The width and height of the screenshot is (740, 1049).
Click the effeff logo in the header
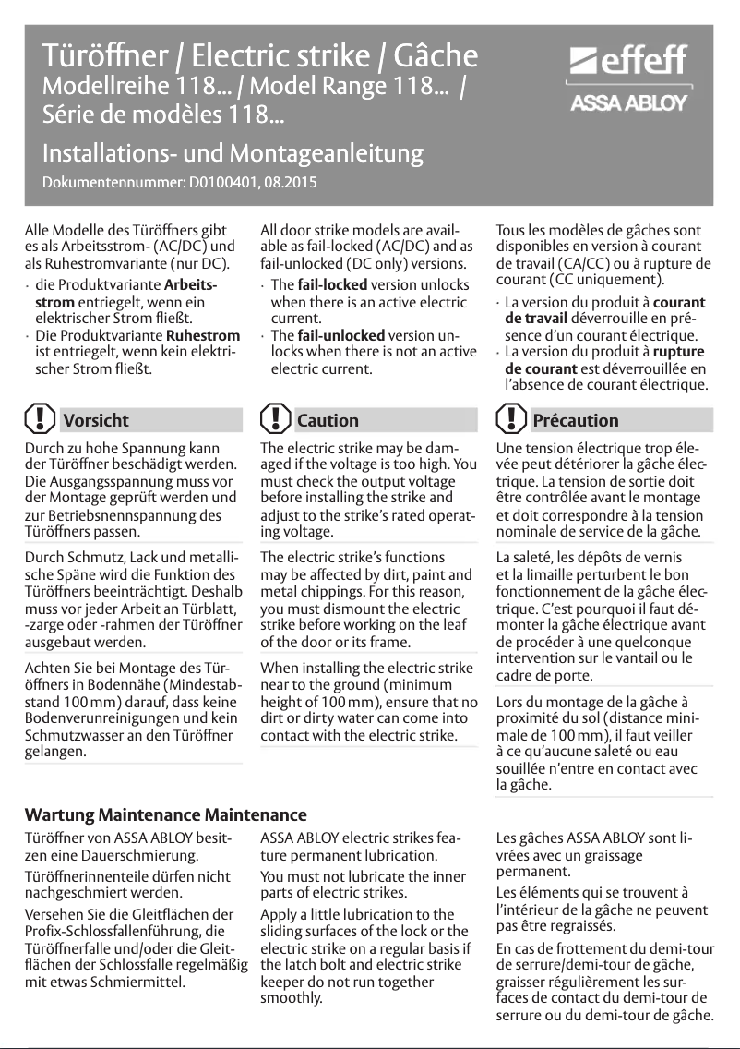630,63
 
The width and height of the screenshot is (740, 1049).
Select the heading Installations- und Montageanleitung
233,152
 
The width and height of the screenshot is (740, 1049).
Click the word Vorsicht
96,420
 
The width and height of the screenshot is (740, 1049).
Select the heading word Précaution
576,420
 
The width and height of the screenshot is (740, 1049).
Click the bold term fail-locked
333,284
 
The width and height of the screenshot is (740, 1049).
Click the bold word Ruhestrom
208,335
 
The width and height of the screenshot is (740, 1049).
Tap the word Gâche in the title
436,56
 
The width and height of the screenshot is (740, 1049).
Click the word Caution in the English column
328,420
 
